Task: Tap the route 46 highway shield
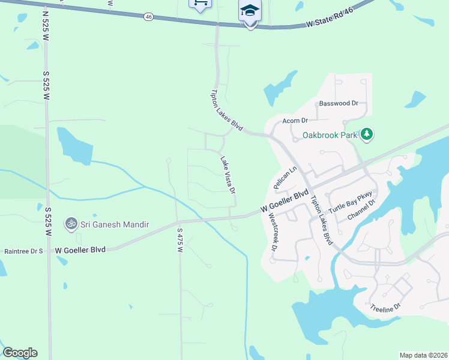(148, 17)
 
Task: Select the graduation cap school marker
(249, 11)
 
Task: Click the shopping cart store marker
(200, 4)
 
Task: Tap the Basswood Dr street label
(339, 103)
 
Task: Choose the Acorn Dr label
(295, 121)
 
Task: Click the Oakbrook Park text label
(329, 135)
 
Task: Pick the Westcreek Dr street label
(274, 232)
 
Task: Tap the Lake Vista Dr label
(228, 175)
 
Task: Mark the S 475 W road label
(179, 239)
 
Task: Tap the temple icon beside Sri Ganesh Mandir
(71, 224)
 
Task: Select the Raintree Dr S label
(24, 251)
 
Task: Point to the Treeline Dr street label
(385, 307)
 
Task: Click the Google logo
(20, 353)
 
